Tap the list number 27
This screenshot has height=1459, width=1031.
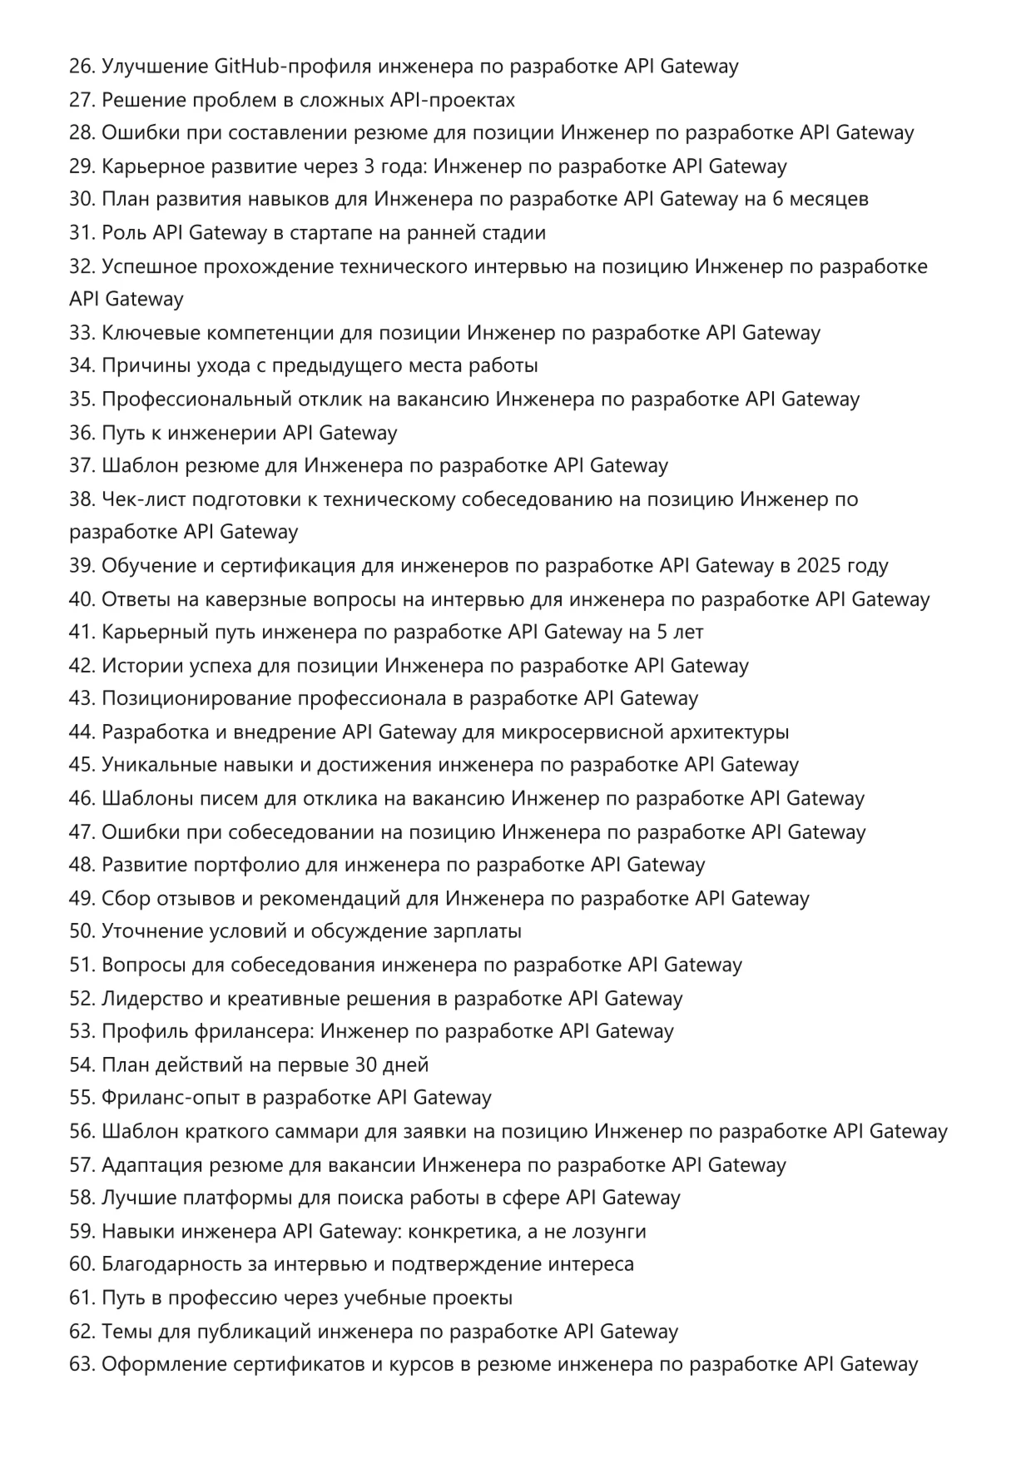point(82,100)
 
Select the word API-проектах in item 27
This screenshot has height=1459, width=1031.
point(453,100)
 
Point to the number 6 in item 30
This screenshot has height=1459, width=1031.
point(777,200)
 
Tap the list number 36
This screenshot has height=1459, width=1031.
point(82,433)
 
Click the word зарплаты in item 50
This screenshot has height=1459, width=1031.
point(478,931)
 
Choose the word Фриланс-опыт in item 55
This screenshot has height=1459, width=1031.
point(171,1098)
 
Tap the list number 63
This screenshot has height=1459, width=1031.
point(82,1364)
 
